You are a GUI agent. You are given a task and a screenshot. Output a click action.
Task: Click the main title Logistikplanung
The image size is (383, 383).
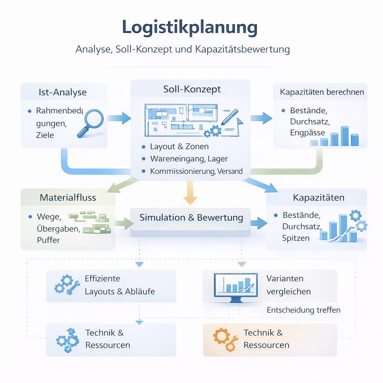[x=190, y=28]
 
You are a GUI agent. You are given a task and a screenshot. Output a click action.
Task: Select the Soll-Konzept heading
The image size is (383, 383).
[x=192, y=89]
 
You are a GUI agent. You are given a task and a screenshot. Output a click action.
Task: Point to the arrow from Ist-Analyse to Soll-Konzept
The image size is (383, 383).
[x=119, y=118]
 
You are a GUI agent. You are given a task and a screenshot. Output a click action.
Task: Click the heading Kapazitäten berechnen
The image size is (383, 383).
[x=322, y=92]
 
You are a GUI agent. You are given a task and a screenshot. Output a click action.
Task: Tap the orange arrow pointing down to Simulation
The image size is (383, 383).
[x=190, y=193]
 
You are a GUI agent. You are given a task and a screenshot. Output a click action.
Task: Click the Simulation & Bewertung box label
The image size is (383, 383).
[x=191, y=218]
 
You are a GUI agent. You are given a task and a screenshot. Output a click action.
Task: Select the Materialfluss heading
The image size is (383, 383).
[x=68, y=197]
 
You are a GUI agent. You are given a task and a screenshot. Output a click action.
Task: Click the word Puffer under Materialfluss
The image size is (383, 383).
[x=48, y=240]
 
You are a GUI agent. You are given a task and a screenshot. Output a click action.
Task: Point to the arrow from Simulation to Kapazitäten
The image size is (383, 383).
[x=258, y=223]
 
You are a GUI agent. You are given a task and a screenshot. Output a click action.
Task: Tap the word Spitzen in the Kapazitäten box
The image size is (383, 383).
[x=296, y=238]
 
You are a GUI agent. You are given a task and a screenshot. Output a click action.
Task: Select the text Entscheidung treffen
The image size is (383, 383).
[x=303, y=310]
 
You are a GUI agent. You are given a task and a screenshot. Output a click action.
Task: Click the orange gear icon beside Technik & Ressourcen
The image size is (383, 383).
[x=226, y=339]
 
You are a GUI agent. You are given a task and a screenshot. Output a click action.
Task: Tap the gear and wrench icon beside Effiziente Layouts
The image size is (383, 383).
[x=67, y=285]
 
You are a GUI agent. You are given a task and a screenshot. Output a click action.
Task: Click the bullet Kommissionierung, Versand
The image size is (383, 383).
[x=196, y=171]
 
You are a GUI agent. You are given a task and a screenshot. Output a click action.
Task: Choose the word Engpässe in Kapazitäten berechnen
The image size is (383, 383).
[x=307, y=133]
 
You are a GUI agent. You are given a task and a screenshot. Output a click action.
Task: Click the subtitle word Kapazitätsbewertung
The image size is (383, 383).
[x=242, y=49]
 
